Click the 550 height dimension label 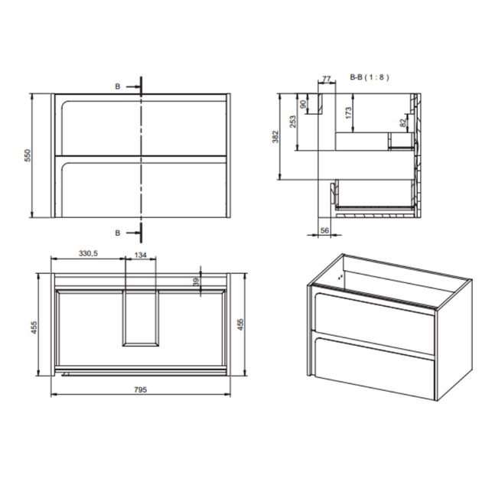[x=28, y=155]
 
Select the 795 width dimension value [x=140, y=389]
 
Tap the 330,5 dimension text [x=88, y=253]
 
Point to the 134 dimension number [x=141, y=255]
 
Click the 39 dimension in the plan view [x=197, y=282]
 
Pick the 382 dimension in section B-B [x=275, y=137]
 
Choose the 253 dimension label [x=293, y=122]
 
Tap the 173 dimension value [x=348, y=112]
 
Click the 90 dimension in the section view [x=304, y=104]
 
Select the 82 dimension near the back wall [x=403, y=122]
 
